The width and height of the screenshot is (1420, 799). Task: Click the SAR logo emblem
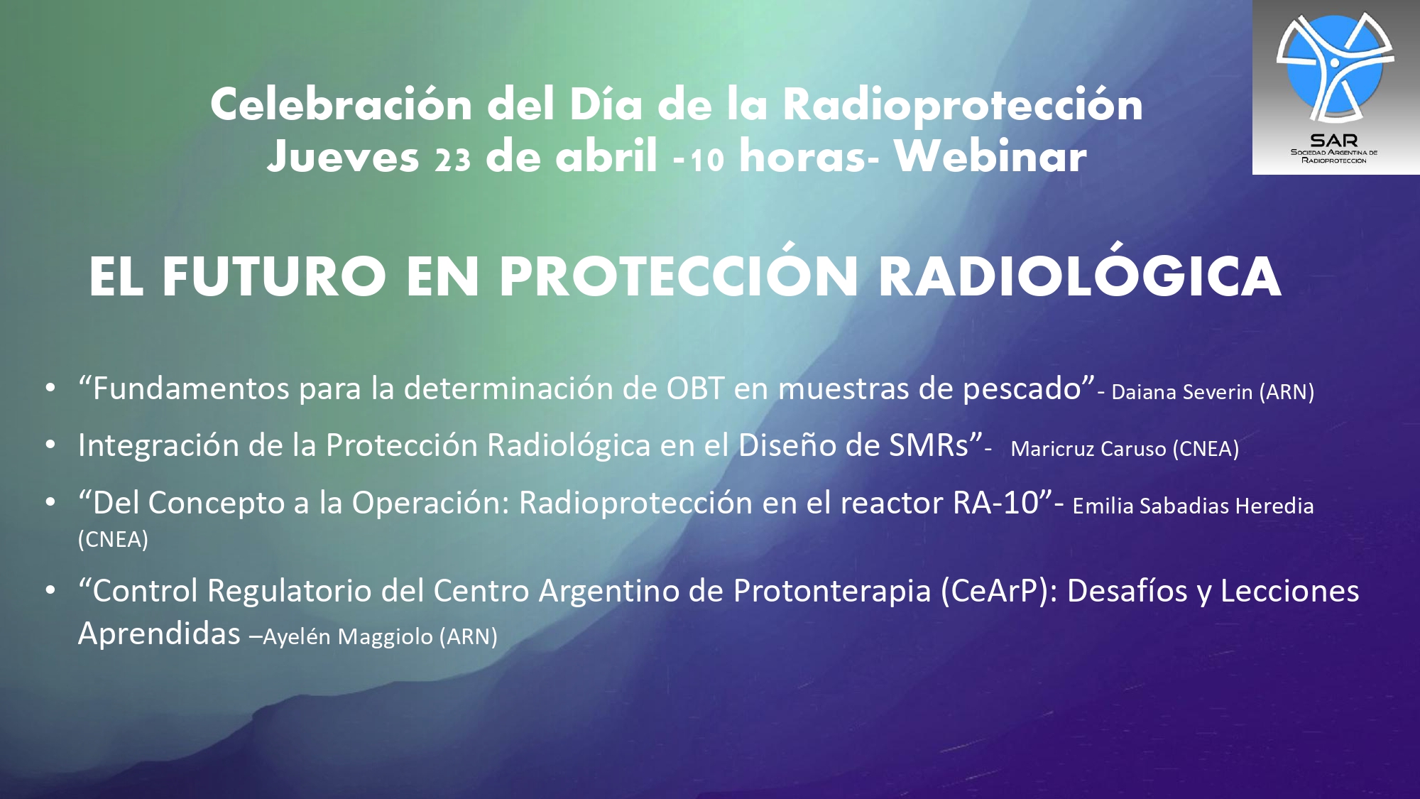[x=1335, y=67]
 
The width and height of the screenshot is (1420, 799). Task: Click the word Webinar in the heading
[x=990, y=156]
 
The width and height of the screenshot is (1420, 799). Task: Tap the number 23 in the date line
[x=453, y=159]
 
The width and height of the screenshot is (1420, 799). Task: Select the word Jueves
[x=343, y=156]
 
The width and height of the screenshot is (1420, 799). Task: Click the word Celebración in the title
[x=341, y=104]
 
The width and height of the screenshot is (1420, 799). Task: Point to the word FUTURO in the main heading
[x=274, y=276]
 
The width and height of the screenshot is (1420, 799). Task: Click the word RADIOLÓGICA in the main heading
[x=1079, y=276]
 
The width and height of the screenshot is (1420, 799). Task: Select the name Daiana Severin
[x=1181, y=392]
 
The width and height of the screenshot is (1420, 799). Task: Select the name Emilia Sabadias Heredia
[x=1193, y=506]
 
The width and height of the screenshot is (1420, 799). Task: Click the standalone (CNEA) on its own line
[x=113, y=539]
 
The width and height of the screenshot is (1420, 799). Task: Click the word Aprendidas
[x=159, y=633]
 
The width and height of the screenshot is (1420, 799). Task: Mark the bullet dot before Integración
[x=50, y=445]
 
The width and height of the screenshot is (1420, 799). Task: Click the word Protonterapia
[x=831, y=591]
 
